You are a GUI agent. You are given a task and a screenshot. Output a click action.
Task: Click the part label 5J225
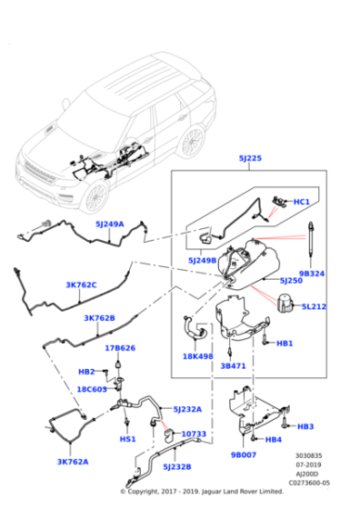pyautogui.click(x=250, y=158)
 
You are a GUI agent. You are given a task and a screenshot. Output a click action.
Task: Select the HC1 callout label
pyautogui.click(x=301, y=201)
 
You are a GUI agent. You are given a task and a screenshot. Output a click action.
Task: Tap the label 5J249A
pyautogui.click(x=109, y=224)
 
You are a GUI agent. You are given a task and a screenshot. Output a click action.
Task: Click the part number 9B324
pyautogui.click(x=312, y=273)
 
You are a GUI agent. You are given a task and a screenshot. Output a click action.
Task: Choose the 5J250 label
pyautogui.click(x=291, y=280)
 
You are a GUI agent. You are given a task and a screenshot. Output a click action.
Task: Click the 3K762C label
pyautogui.click(x=81, y=284)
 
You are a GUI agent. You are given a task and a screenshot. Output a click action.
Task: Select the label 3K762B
pyautogui.click(x=99, y=318)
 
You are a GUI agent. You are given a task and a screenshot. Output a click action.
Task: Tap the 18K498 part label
pyautogui.click(x=197, y=356)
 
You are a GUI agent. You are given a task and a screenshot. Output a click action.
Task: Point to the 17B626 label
pyautogui.click(x=119, y=347)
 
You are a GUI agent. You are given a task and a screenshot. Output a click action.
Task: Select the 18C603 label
pyautogui.click(x=92, y=388)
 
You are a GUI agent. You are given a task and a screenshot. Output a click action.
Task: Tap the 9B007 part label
pyautogui.click(x=243, y=454)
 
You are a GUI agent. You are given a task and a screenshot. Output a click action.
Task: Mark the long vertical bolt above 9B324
pyautogui.click(x=312, y=241)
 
